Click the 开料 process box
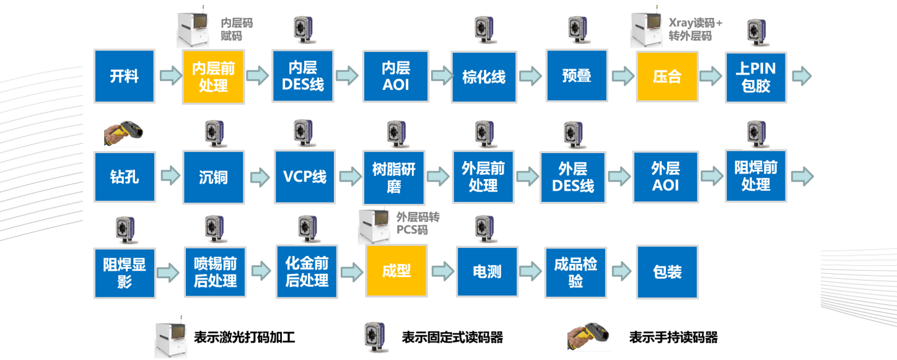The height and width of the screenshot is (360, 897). [x=124, y=76]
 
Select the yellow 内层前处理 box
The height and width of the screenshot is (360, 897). [x=214, y=76]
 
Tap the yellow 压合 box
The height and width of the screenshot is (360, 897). [x=667, y=76]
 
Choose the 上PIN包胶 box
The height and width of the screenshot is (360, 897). [x=755, y=76]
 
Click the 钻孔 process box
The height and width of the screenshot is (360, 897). [x=124, y=177]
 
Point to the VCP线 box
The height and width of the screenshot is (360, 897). [x=305, y=177]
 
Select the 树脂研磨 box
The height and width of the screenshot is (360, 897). [x=394, y=177]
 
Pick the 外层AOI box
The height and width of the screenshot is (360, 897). [x=665, y=177]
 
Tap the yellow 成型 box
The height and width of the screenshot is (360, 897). [x=396, y=271]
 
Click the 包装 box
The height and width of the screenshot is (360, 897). [x=667, y=271]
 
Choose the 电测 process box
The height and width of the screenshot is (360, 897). [x=486, y=271]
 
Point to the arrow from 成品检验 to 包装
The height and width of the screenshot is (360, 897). [x=621, y=271]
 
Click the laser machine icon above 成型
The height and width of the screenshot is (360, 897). [x=375, y=227]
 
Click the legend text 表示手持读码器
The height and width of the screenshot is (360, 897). [x=673, y=338]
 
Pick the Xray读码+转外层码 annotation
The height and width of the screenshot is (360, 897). [x=695, y=30]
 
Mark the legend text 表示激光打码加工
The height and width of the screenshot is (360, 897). [x=244, y=338]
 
